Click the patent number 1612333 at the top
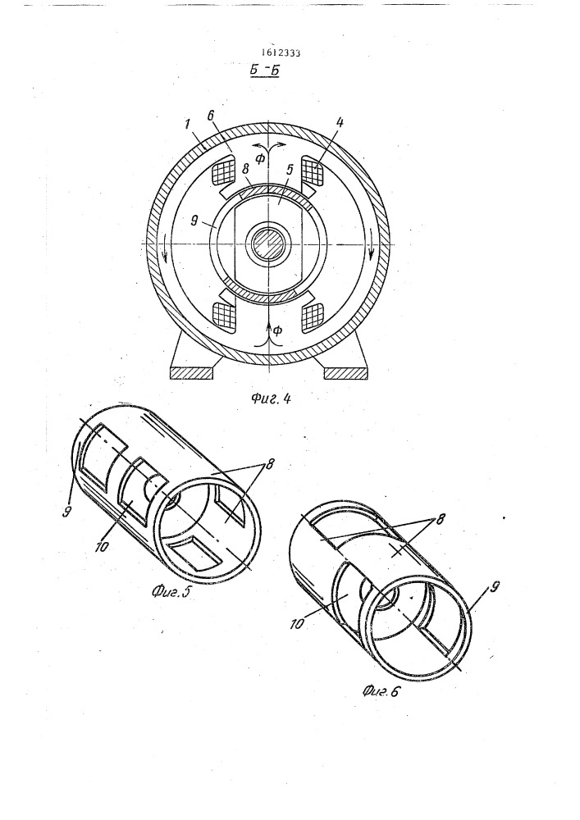click(x=283, y=52)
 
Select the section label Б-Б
click(x=265, y=70)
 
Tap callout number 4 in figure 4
click(x=340, y=124)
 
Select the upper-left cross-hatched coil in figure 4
click(x=223, y=171)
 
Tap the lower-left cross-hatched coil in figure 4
click(x=223, y=317)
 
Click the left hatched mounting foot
click(x=193, y=372)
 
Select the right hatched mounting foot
click(x=347, y=372)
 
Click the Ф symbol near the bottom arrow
click(x=278, y=330)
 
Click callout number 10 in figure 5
click(x=102, y=546)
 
